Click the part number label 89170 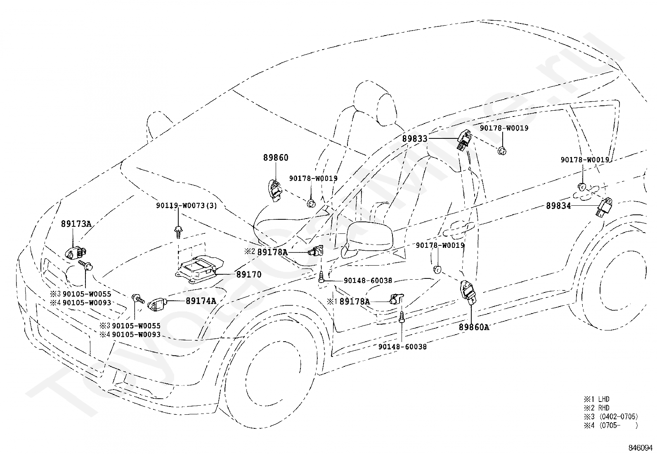(x=249, y=274)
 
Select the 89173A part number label (x=76, y=224)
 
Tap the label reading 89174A (x=201, y=301)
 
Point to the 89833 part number (x=415, y=139)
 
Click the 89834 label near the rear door (x=558, y=206)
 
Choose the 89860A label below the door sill (x=474, y=327)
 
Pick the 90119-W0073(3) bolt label (x=187, y=206)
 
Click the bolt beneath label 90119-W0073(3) (x=178, y=232)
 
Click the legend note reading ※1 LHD (x=596, y=399)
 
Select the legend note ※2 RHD (x=596, y=408)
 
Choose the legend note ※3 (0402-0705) (x=611, y=417)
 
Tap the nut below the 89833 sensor (x=502, y=151)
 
